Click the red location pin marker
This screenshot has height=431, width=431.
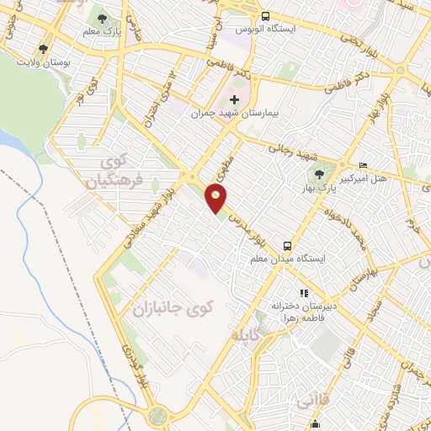tap(216, 199)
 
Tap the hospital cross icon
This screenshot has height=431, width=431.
tap(234, 100)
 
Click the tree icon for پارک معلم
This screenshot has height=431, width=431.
tap(102, 18)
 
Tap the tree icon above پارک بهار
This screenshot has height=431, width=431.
tap(319, 174)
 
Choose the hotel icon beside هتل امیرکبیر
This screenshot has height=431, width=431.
tap(363, 165)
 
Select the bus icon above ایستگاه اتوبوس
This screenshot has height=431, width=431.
tap(266, 16)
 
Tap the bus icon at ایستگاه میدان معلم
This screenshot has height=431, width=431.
tap(288, 246)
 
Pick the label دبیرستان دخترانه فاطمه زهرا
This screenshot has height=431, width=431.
tap(304, 312)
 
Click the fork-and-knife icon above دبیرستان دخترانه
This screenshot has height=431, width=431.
tap(279, 293)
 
